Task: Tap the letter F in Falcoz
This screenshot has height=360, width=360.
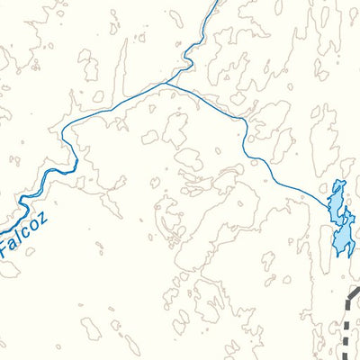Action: click(x=7, y=245)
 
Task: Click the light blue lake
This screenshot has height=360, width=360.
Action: click(x=340, y=220)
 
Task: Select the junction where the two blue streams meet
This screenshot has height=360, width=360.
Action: click(x=167, y=84)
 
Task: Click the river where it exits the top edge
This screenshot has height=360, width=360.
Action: click(x=215, y=3)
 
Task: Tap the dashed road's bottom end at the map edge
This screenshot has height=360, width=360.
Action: click(x=345, y=357)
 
